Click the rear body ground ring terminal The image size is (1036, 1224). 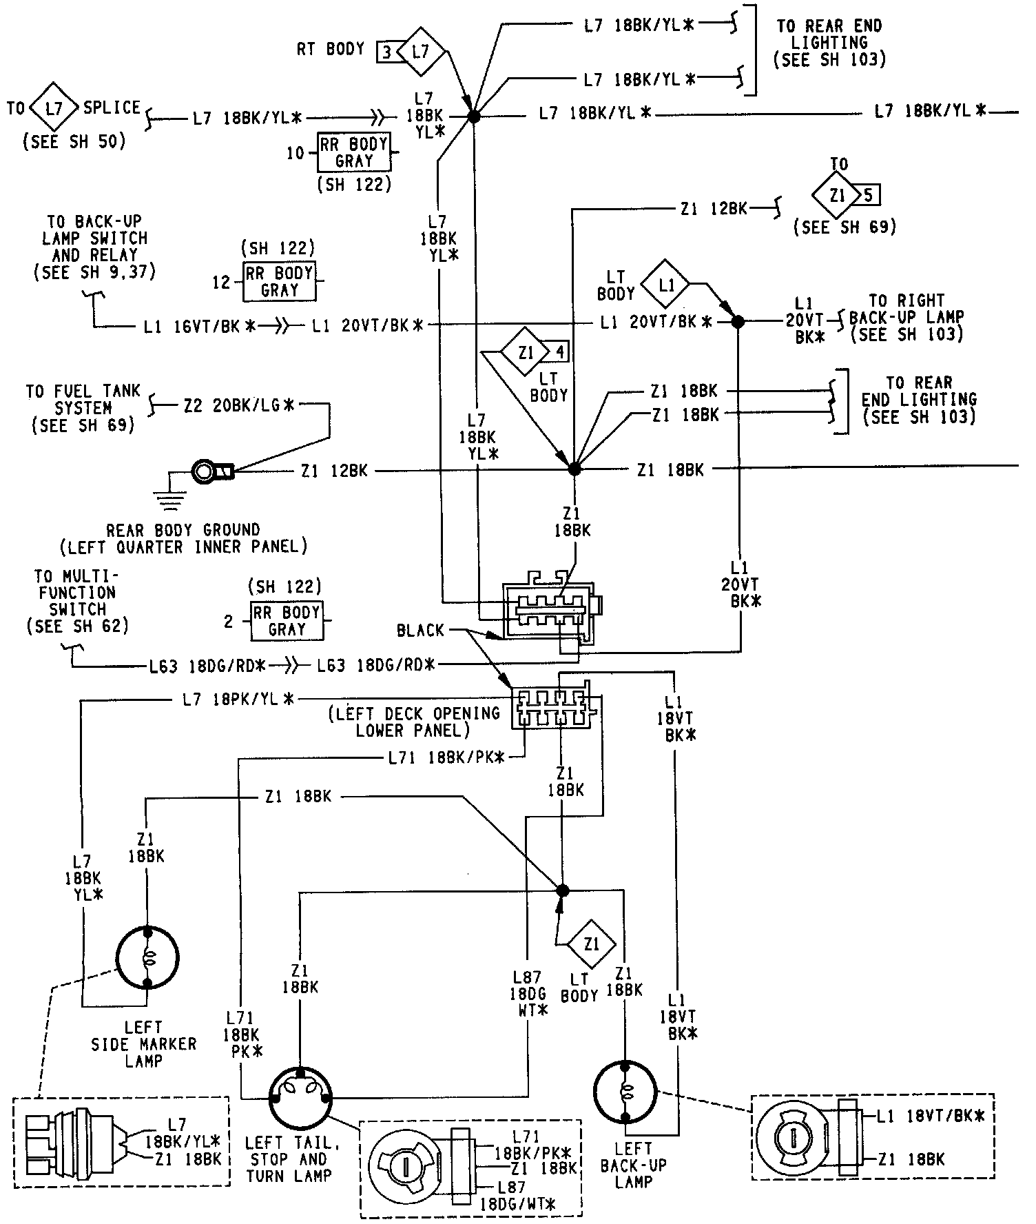pyautogui.click(x=205, y=471)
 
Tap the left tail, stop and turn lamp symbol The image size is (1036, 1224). pyautogui.click(x=300, y=1099)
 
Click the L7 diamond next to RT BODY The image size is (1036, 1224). pyautogui.click(x=420, y=51)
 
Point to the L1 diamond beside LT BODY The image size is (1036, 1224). pyautogui.click(x=666, y=283)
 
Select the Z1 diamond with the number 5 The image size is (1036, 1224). pyautogui.click(x=837, y=196)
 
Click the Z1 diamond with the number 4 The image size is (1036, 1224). pyautogui.click(x=526, y=353)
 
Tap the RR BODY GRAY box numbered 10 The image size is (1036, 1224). pyautogui.click(x=353, y=152)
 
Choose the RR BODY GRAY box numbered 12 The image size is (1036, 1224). pyautogui.click(x=279, y=281)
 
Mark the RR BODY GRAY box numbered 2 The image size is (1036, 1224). pyautogui.click(x=286, y=621)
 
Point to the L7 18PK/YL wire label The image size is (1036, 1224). pyautogui.click(x=238, y=700)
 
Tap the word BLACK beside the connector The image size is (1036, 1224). pyautogui.click(x=420, y=630)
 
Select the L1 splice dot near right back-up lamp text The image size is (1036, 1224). pyautogui.click(x=738, y=322)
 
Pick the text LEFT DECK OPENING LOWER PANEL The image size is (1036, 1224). pyautogui.click(x=415, y=722)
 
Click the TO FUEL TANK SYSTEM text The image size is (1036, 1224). pyautogui.click(x=83, y=408)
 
